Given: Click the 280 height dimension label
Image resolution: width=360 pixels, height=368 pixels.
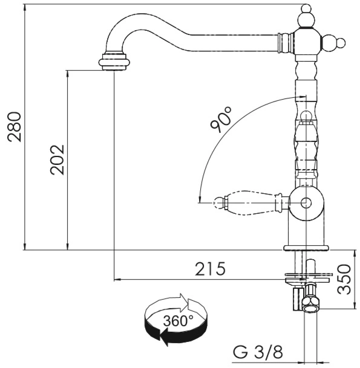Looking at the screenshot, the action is [x=15, y=127].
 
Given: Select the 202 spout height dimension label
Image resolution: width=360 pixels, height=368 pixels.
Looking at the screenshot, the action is [x=57, y=160].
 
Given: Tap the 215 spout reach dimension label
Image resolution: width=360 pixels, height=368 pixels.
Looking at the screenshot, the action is [x=210, y=269].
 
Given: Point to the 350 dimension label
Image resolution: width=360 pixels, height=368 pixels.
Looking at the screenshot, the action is [x=344, y=279].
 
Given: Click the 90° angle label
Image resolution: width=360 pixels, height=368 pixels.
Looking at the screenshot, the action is [x=220, y=119].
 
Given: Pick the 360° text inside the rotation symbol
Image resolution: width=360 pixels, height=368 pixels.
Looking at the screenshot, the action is [x=178, y=321].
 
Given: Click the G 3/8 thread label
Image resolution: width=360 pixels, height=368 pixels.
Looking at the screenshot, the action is [x=258, y=352].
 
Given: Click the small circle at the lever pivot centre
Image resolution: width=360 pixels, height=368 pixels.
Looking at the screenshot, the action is [x=306, y=202].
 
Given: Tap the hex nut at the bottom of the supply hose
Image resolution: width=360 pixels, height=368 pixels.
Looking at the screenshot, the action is [x=310, y=304].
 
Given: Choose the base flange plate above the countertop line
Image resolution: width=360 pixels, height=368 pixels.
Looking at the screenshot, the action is [x=306, y=248].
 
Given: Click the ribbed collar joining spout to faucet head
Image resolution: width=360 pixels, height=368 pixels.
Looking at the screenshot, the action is [x=286, y=43].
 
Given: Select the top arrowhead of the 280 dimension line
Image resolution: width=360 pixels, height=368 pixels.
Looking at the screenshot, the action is [x=25, y=8].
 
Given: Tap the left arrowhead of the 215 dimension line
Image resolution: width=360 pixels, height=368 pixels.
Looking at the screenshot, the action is [x=117, y=280].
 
